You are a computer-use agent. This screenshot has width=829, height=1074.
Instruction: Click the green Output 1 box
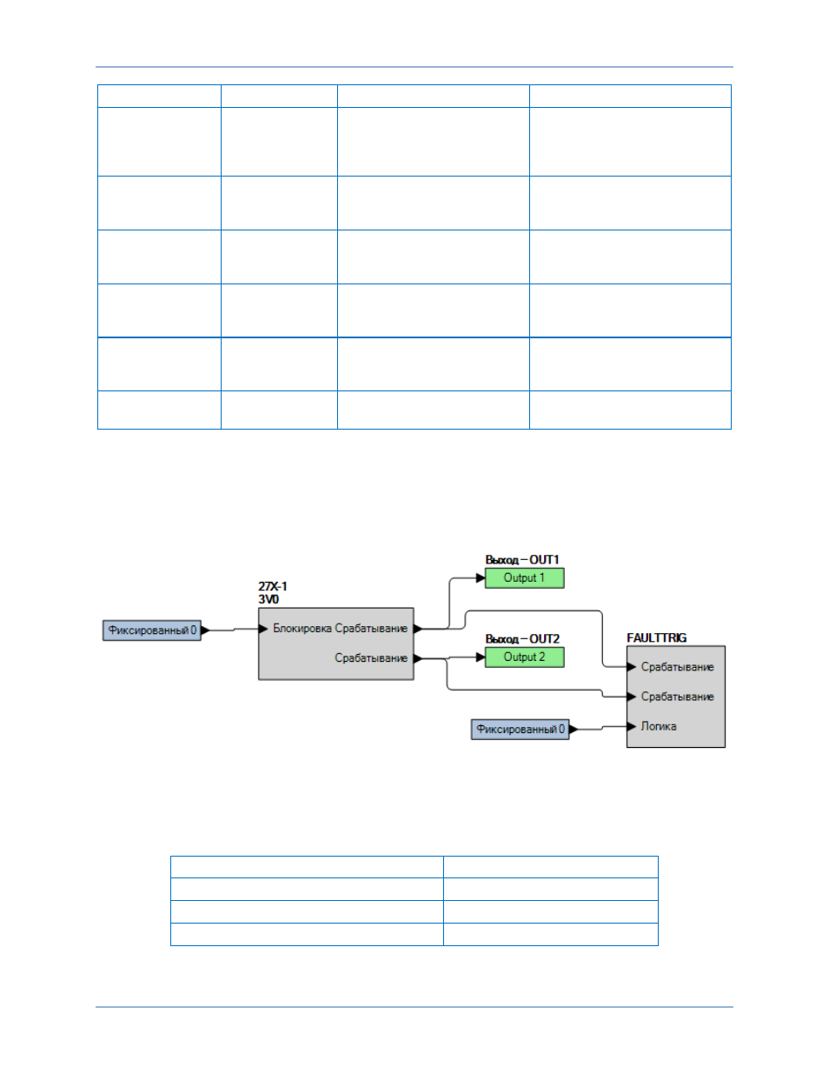[x=524, y=577]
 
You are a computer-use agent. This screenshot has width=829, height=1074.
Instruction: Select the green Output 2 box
[x=524, y=657]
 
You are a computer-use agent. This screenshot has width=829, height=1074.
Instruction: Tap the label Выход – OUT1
[x=522, y=559]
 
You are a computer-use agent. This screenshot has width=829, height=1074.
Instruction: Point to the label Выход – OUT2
[x=522, y=638]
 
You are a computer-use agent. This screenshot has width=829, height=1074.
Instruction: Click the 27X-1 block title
[x=273, y=586]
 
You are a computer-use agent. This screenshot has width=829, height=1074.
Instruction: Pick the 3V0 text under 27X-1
[x=269, y=599]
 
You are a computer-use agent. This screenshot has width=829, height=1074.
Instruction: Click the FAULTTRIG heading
[x=657, y=637]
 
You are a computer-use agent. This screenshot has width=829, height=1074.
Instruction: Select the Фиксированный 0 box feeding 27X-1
[x=152, y=630]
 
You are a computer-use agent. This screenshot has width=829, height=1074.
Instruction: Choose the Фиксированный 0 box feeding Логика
[x=521, y=729]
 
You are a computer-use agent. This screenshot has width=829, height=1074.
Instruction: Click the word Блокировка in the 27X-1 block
[x=302, y=628]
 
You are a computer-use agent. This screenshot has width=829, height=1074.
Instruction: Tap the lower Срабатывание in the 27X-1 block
[x=371, y=657]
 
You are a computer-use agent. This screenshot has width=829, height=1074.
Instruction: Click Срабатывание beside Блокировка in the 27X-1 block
[x=371, y=628]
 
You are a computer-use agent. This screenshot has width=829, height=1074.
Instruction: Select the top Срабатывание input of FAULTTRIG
[x=678, y=667]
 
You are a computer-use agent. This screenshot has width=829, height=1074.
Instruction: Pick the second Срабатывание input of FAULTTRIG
[x=678, y=697]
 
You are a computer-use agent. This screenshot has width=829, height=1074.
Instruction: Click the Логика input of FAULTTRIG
[x=659, y=726]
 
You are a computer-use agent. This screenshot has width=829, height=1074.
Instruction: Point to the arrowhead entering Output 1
[x=481, y=577]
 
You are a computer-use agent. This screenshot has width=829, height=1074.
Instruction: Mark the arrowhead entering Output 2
[x=481, y=657]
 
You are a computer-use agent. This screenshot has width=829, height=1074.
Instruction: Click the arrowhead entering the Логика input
[x=632, y=726]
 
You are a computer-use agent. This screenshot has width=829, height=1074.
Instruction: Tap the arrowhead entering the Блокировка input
[x=263, y=628]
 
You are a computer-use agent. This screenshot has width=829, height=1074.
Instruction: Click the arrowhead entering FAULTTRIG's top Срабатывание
[x=632, y=667]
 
